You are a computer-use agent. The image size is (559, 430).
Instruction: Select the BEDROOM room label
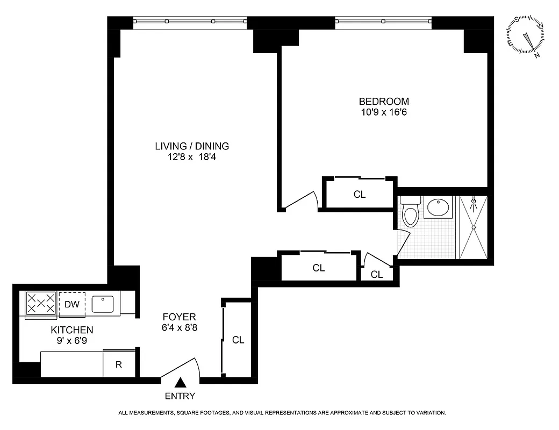(x=384, y=101)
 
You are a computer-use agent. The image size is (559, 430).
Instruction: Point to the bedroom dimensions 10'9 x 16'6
(x=384, y=112)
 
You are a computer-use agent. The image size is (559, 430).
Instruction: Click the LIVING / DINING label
(x=192, y=146)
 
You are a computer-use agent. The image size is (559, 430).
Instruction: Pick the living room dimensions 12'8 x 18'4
(x=192, y=157)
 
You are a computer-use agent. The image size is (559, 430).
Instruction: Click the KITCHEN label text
(x=72, y=330)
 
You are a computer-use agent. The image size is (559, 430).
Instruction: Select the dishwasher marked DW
(x=72, y=304)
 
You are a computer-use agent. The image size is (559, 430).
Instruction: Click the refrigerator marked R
(x=119, y=364)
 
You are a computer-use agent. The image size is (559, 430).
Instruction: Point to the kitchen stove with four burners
(x=41, y=303)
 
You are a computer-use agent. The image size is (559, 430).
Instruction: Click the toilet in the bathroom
(x=410, y=213)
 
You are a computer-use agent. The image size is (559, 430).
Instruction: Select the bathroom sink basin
(x=439, y=207)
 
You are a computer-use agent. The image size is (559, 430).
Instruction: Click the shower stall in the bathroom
(x=473, y=227)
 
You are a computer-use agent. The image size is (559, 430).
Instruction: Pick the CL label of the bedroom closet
(x=360, y=195)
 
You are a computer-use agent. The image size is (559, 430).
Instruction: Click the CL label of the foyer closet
(x=238, y=340)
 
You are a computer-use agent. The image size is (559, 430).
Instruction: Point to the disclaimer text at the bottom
(x=282, y=413)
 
